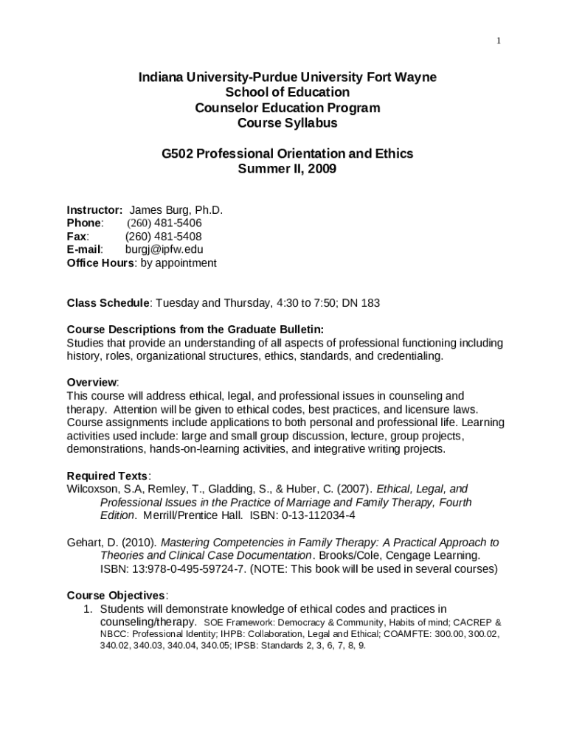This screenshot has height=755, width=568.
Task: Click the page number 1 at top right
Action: (499, 41)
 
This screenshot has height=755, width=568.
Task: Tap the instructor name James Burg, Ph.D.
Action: (176, 210)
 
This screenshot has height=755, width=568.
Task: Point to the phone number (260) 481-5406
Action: (164, 223)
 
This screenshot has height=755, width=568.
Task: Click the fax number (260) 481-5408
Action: (164, 236)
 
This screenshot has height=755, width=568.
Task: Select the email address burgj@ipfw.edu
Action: (164, 249)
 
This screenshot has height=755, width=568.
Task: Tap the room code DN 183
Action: (359, 302)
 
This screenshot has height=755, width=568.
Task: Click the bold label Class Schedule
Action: (108, 302)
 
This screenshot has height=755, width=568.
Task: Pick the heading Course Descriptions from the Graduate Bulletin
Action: (195, 329)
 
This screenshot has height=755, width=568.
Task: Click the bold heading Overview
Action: (91, 382)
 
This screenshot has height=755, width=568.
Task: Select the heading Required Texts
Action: (108, 475)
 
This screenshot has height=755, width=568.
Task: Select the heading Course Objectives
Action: (117, 595)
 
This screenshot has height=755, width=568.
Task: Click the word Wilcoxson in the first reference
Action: (94, 488)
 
